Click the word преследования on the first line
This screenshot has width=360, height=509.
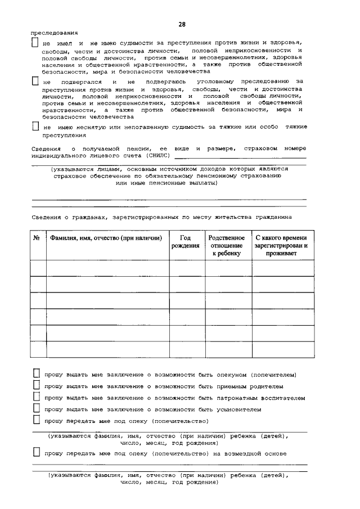[54, 33]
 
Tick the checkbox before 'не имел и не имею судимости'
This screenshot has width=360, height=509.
[35, 43]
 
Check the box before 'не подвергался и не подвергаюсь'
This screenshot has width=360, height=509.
[35, 82]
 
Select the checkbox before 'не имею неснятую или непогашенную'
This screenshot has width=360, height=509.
[35, 127]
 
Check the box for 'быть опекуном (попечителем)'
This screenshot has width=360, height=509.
[36, 374]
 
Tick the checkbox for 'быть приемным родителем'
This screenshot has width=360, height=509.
[36, 386]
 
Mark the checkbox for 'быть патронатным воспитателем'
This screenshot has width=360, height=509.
[36, 398]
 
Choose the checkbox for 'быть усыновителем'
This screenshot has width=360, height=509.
[36, 409]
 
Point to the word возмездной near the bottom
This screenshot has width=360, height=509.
[237, 453]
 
